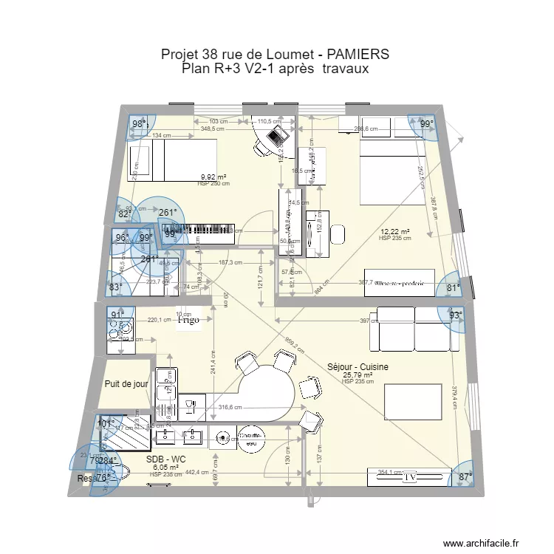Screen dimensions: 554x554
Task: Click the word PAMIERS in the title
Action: pos(346,55)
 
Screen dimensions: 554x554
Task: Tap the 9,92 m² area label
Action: pos(213,177)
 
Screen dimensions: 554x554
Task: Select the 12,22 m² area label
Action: pos(394,232)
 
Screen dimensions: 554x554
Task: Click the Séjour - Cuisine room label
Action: pos(358,367)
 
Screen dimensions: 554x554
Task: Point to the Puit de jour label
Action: pos(126,384)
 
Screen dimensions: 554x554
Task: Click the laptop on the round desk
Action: pos(277,135)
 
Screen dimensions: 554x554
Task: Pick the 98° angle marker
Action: pos(139,124)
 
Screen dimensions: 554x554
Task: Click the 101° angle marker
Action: pos(107,424)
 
